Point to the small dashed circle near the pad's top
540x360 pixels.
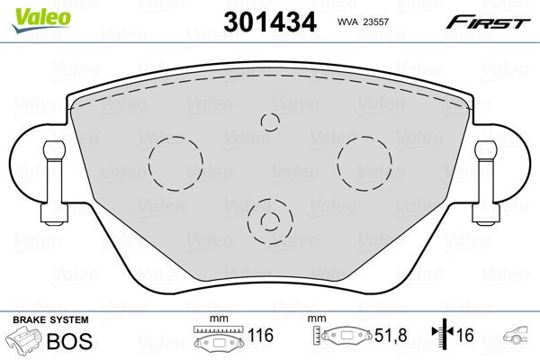coord(269,121)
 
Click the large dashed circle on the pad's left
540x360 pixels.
coord(175,162)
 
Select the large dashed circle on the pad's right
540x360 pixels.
coord(364,162)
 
